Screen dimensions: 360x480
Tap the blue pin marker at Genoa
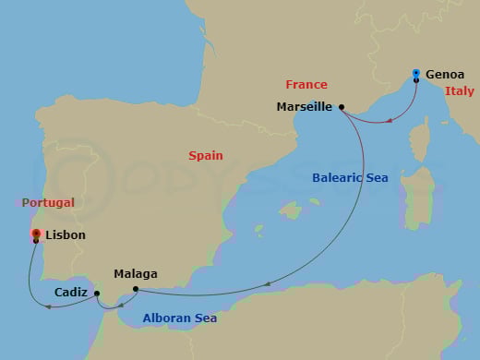click(x=416, y=74)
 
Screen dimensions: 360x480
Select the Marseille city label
click(x=304, y=107)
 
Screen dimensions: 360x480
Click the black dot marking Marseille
click(x=342, y=107)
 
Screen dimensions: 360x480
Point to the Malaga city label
click(x=135, y=274)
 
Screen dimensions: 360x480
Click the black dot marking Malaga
click(x=136, y=289)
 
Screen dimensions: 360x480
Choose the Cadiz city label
click(x=71, y=292)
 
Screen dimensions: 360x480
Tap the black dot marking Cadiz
click(x=97, y=294)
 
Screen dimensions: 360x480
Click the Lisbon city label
click(x=65, y=235)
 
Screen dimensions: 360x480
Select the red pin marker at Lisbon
click(x=36, y=234)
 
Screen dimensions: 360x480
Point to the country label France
click(x=306, y=85)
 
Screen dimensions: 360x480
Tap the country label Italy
click(x=459, y=90)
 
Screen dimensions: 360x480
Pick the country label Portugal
click(x=49, y=202)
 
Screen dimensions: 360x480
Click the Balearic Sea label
click(x=351, y=177)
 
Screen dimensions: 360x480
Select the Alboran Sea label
click(x=180, y=318)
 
